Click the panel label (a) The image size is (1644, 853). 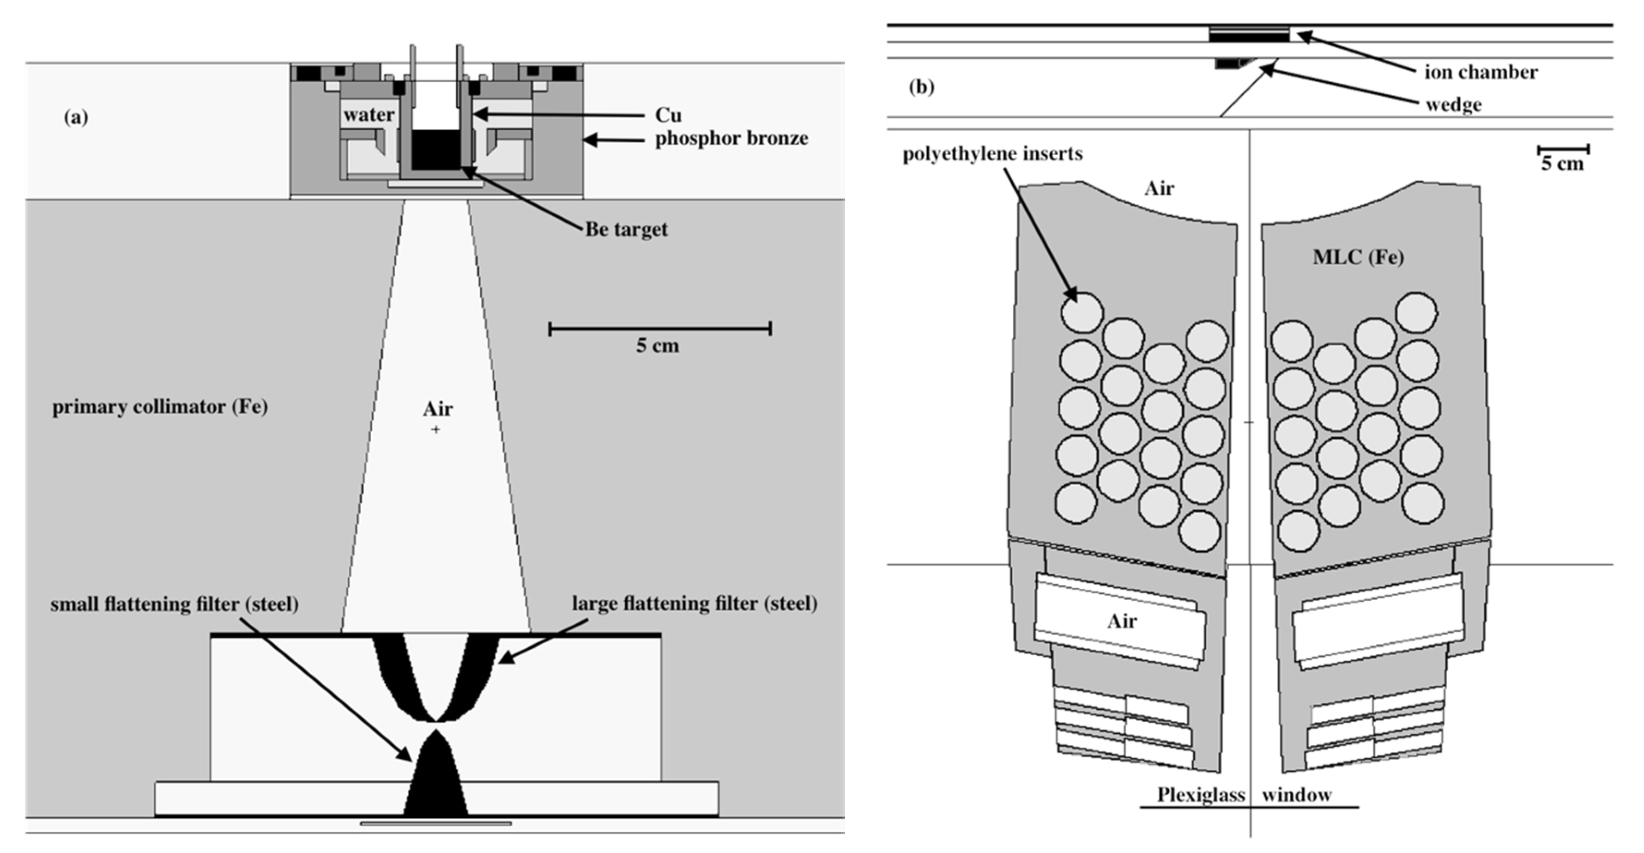point(76,117)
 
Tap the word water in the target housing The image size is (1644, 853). point(369,115)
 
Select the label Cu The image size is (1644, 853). point(668,115)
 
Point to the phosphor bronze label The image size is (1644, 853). point(732,139)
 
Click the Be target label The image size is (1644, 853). point(627,229)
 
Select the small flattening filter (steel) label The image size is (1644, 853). point(174,604)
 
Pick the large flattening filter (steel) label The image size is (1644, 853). point(695,603)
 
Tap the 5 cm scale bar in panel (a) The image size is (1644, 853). point(660,329)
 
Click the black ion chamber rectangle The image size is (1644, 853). point(1249,35)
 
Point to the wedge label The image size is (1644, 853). point(1454,105)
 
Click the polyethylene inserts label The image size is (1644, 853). point(992,154)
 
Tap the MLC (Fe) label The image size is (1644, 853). point(1358,257)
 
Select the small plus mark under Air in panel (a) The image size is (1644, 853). point(435,430)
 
